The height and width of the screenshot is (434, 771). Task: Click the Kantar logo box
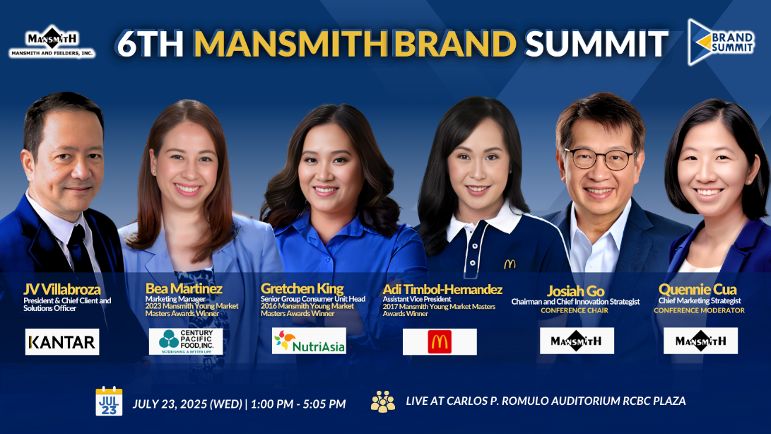(x=62, y=341)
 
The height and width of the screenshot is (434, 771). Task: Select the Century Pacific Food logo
(x=186, y=341)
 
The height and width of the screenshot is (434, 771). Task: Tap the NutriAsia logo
(x=309, y=341)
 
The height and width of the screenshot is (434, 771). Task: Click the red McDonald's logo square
(x=439, y=341)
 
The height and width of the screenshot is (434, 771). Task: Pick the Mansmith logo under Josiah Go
(x=577, y=341)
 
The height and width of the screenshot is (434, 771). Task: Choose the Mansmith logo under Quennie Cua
(x=700, y=341)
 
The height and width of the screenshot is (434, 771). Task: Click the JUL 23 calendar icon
(x=109, y=401)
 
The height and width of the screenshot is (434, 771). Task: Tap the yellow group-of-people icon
(x=383, y=401)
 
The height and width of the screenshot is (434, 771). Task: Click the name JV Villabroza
(x=62, y=289)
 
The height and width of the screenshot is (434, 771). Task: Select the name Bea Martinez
(x=184, y=288)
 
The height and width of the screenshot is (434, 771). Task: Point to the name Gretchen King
(x=302, y=288)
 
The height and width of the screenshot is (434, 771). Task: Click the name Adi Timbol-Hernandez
(x=442, y=289)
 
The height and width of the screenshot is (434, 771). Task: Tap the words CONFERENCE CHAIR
(x=575, y=310)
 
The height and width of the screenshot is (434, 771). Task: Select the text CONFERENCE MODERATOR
(x=699, y=310)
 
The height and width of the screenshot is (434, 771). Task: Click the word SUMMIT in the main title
(x=597, y=43)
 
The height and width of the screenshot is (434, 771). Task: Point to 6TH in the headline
(x=151, y=43)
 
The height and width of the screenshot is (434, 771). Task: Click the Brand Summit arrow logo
(x=720, y=42)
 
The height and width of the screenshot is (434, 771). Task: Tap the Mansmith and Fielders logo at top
(x=52, y=41)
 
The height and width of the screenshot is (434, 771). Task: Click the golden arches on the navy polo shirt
(x=510, y=264)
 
